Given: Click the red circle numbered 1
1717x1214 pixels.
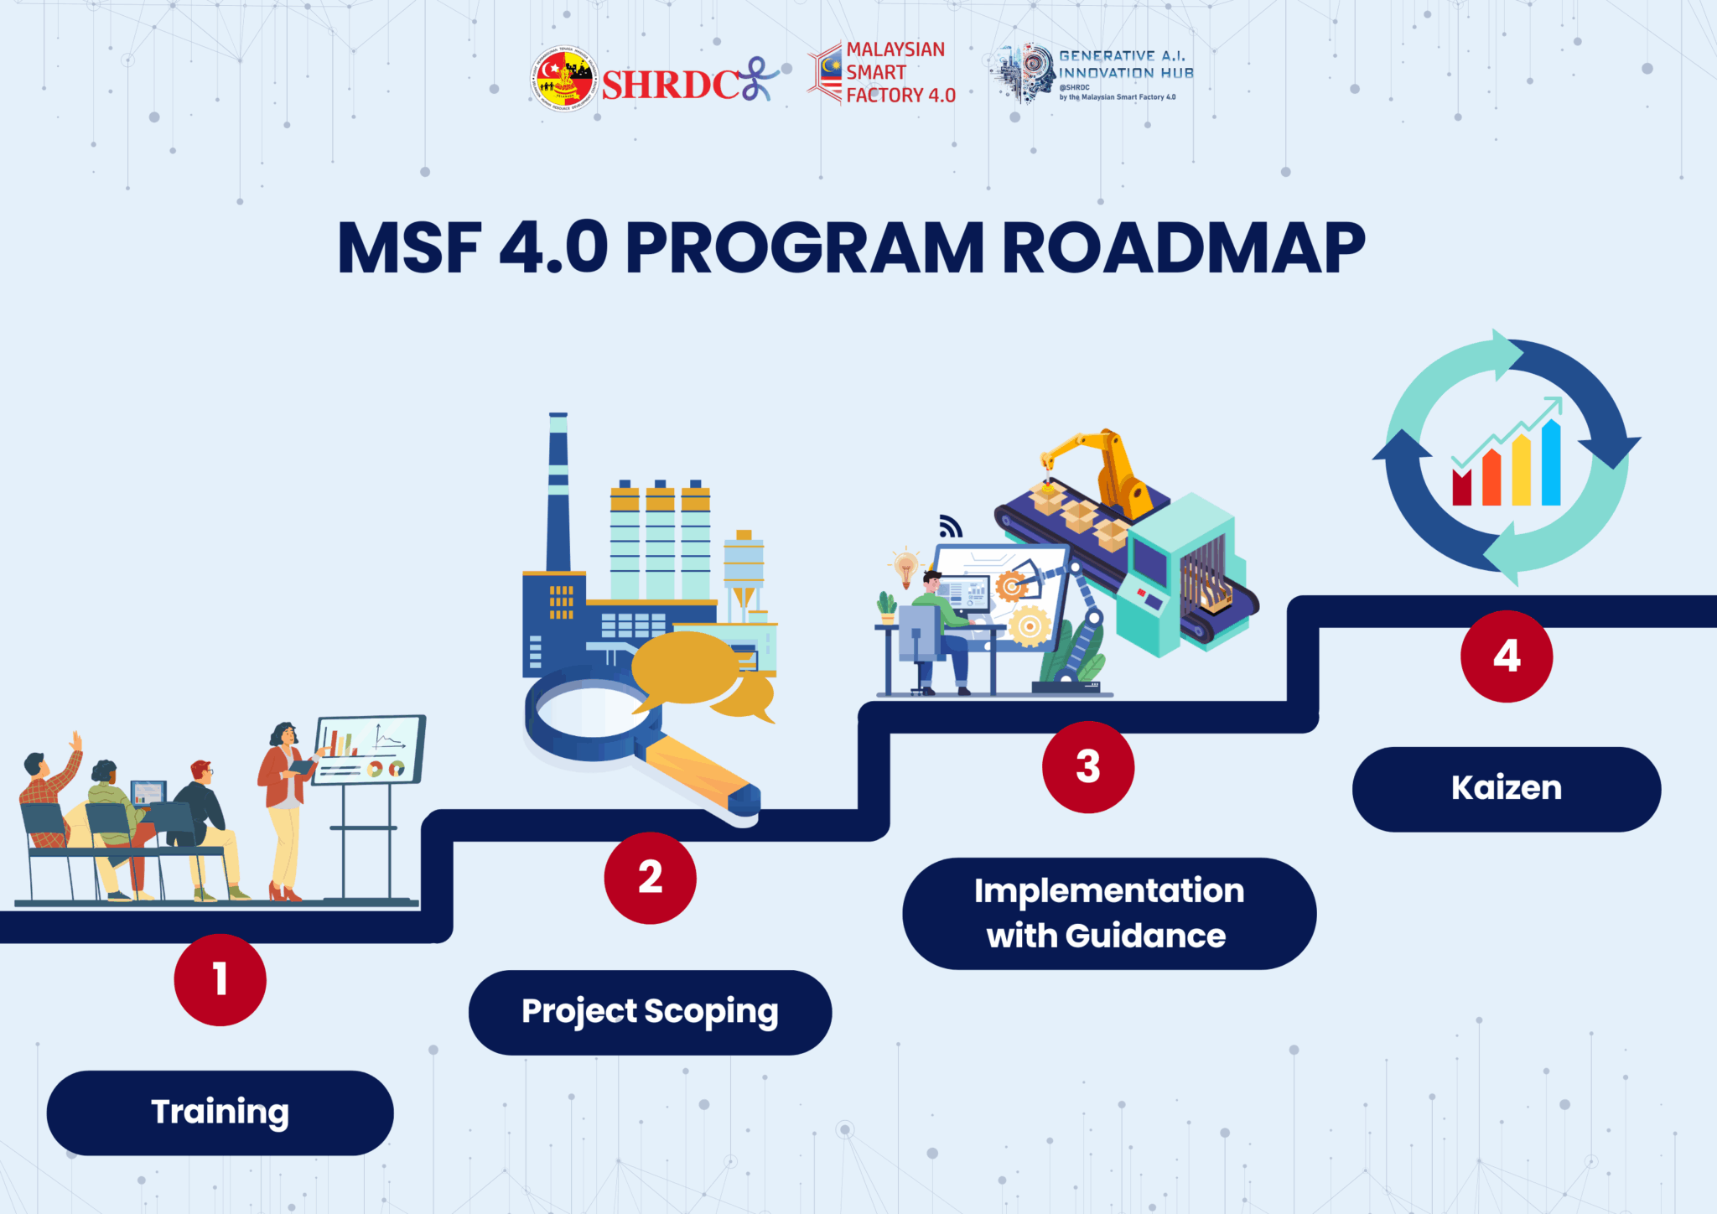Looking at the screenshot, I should (220, 979).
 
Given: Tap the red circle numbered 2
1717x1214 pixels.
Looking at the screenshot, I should (650, 878).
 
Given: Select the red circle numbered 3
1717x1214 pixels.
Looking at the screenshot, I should (1087, 766).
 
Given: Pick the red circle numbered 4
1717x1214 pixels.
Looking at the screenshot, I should (1506, 656).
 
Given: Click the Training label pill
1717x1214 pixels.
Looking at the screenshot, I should (220, 1113).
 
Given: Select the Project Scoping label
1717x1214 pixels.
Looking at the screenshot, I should (650, 1012).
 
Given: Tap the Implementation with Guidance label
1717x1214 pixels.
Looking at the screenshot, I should (1108, 913).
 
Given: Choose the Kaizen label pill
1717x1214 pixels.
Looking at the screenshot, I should (1506, 789).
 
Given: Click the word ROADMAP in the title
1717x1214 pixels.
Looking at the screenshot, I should (1183, 248).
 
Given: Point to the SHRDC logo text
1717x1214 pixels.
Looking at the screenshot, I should (671, 85).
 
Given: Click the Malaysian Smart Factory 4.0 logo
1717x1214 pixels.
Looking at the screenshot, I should (882, 73).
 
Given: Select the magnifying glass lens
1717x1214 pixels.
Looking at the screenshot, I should (591, 713).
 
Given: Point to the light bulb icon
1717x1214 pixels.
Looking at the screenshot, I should (905, 567).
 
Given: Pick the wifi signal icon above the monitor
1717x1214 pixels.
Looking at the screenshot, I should (950, 527).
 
